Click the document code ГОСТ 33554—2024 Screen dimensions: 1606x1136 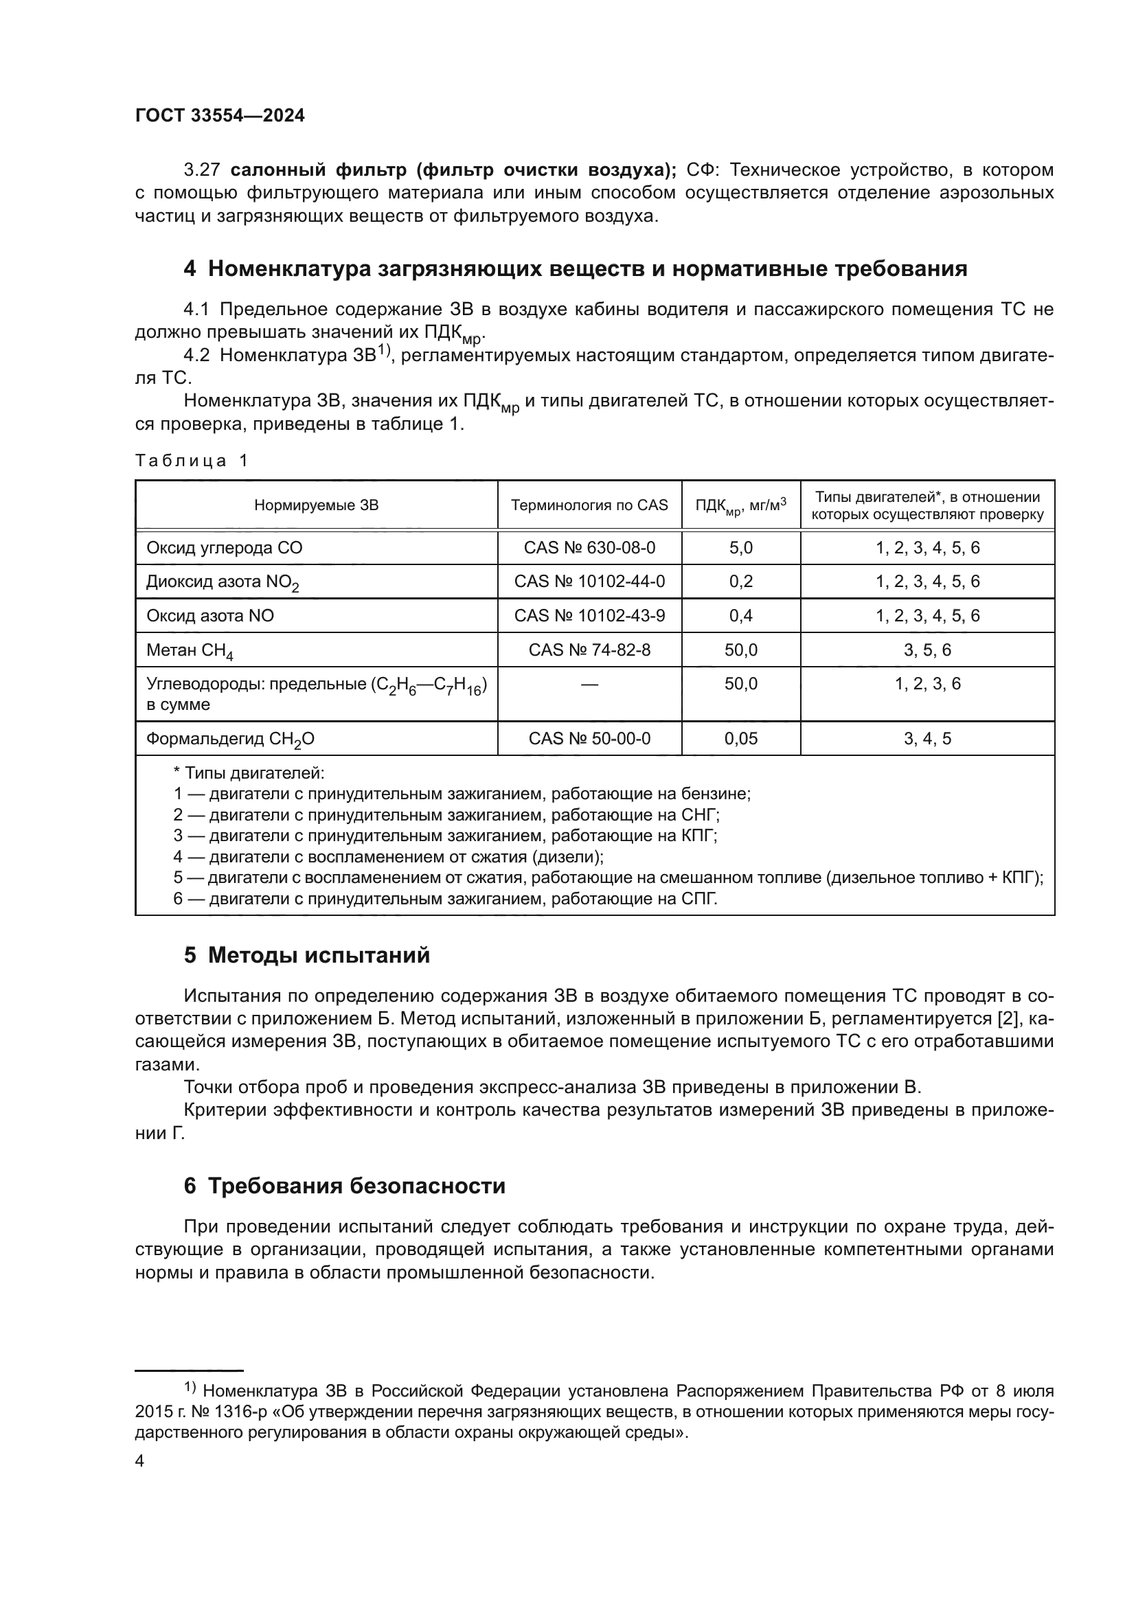click(x=220, y=116)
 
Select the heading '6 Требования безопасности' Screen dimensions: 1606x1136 click(x=344, y=1186)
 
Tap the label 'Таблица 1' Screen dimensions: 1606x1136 click(x=192, y=460)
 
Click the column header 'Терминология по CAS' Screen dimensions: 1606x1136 click(x=589, y=505)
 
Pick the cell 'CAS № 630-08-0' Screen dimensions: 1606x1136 click(x=589, y=548)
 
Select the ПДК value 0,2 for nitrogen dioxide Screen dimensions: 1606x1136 click(x=741, y=582)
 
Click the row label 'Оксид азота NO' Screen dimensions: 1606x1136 click(x=210, y=615)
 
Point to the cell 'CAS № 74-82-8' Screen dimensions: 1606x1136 click(x=589, y=650)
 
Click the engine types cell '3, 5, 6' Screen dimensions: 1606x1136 click(x=927, y=650)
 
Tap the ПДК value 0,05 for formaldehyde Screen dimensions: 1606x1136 click(x=741, y=739)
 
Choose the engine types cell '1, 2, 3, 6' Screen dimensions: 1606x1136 click(x=927, y=684)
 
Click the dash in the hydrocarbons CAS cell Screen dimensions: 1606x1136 click(x=589, y=684)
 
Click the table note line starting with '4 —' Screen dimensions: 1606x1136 click(x=388, y=857)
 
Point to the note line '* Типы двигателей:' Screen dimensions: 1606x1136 click(x=249, y=773)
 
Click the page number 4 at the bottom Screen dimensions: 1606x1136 click(x=139, y=1461)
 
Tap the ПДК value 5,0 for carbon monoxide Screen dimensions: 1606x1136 click(x=741, y=548)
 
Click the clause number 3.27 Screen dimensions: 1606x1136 click(x=202, y=170)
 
